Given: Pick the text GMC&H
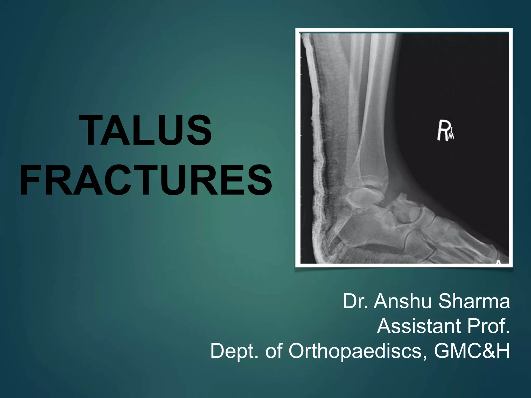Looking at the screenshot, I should coord(472,351).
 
